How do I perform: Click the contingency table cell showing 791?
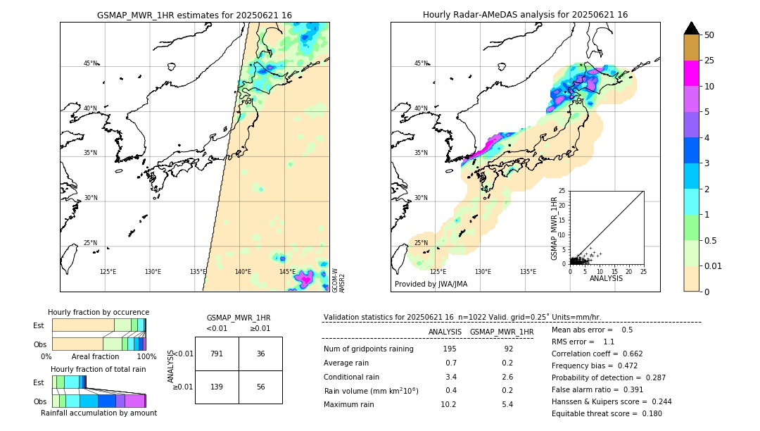217,354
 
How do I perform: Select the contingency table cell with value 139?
217,387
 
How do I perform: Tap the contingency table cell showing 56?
260,387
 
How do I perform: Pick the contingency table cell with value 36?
260,354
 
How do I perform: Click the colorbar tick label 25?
709,61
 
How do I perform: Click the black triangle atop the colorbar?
692,28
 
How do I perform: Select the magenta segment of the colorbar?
692,73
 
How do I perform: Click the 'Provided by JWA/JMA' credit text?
431,285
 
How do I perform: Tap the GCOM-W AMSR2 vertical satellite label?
338,280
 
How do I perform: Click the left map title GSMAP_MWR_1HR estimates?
194,15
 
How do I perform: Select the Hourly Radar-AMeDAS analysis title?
525,15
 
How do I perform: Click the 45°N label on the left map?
91,63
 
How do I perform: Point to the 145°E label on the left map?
287,272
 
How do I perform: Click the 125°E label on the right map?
438,272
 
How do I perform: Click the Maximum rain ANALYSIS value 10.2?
448,404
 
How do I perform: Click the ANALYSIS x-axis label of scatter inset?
607,279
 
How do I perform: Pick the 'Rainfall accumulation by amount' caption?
99,413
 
